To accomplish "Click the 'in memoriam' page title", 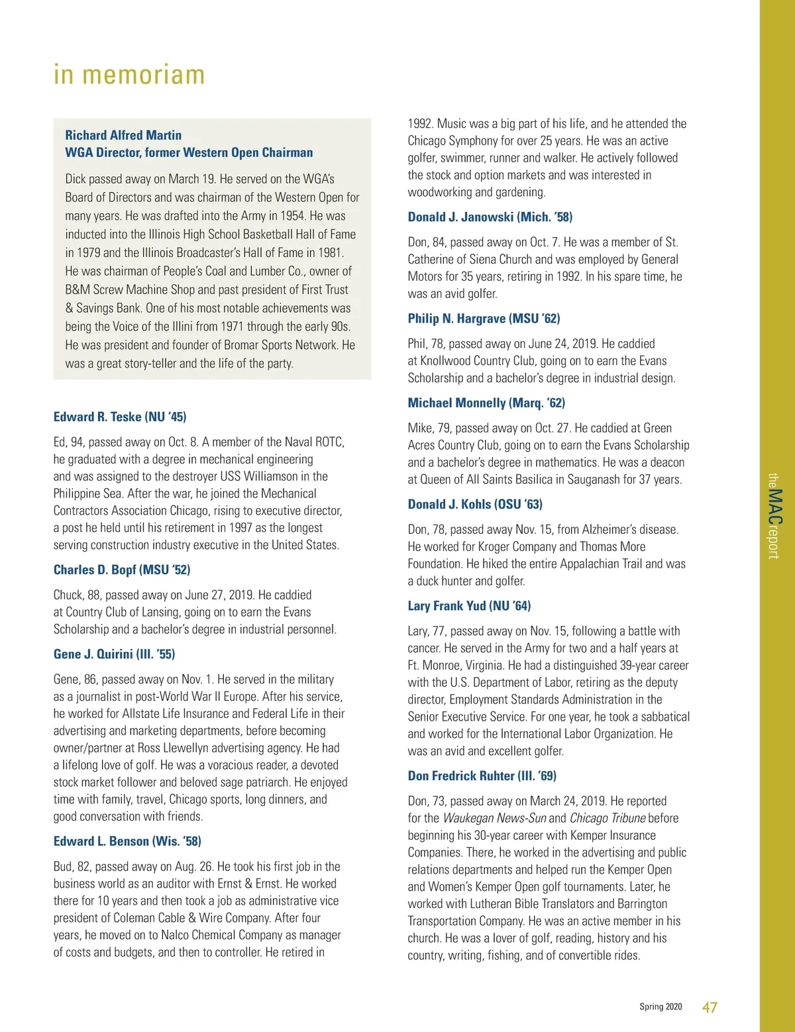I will (129, 75).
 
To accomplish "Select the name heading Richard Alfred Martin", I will (123, 135).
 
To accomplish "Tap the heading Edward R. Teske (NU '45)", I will (120, 417).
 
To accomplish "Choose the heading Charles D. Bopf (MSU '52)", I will (122, 570).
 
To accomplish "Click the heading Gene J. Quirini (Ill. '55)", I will (114, 654).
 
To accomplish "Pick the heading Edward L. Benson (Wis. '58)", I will (127, 841).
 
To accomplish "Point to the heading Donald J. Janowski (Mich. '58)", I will (490, 217).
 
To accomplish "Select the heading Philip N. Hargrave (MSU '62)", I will (484, 319).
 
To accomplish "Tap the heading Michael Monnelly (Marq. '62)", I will (486, 403).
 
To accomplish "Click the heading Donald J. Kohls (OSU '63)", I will (475, 504).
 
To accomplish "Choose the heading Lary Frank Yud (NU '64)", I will (469, 605).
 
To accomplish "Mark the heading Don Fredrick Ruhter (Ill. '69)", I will (482, 776).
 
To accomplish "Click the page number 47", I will (710, 1007).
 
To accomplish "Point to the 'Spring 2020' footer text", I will (661, 1007).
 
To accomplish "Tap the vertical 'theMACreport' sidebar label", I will (774, 516).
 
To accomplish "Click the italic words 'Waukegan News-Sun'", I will (494, 818).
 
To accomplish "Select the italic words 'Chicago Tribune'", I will (608, 818).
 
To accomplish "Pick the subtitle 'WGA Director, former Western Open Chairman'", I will (189, 152).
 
